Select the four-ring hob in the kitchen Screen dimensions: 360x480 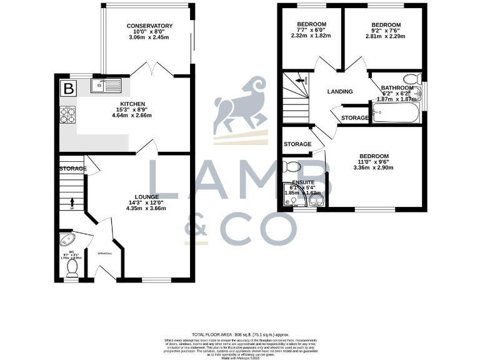(67, 114)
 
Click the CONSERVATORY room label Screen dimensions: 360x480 (149, 26)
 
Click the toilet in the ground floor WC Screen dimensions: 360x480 (71, 267)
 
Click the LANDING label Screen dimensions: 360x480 (340, 92)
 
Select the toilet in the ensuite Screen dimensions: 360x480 (291, 167)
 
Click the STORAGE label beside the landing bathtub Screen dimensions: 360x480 (354, 117)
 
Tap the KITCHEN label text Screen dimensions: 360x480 (133, 104)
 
